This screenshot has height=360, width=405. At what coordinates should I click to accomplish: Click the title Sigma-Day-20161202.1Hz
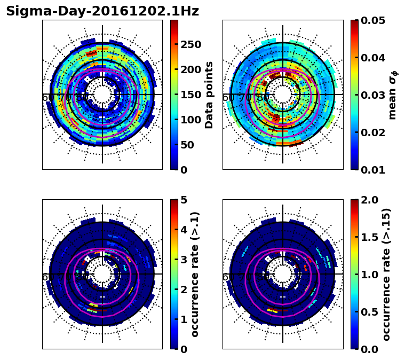tap(102, 11)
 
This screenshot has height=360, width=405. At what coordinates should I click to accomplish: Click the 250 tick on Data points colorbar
tap(190, 44)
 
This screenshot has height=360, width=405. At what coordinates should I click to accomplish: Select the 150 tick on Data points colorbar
tap(190, 95)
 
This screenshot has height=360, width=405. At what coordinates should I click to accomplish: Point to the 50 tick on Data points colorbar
tap(187, 145)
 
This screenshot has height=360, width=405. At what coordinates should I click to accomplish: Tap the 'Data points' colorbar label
tap(209, 95)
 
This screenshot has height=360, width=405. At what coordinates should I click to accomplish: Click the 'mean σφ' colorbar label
tap(393, 95)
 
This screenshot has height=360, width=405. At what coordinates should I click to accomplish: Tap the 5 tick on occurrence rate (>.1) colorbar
tap(184, 200)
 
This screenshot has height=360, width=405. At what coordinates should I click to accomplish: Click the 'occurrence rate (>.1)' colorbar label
tap(195, 274)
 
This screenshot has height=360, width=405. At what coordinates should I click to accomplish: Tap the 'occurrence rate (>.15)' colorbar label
tap(386, 274)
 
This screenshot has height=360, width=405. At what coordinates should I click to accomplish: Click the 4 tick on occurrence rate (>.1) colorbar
tap(184, 230)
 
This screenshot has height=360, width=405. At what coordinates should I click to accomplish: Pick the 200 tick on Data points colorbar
tap(190, 69)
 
